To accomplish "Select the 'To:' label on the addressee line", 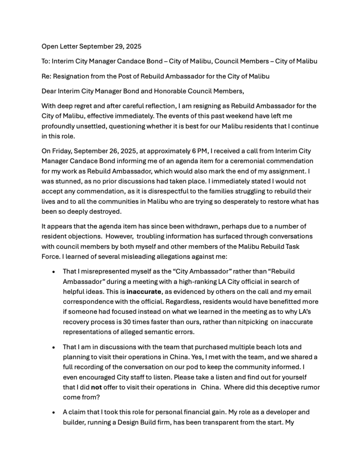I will pos(46,61).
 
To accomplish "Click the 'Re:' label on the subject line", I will pos(46,75).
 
